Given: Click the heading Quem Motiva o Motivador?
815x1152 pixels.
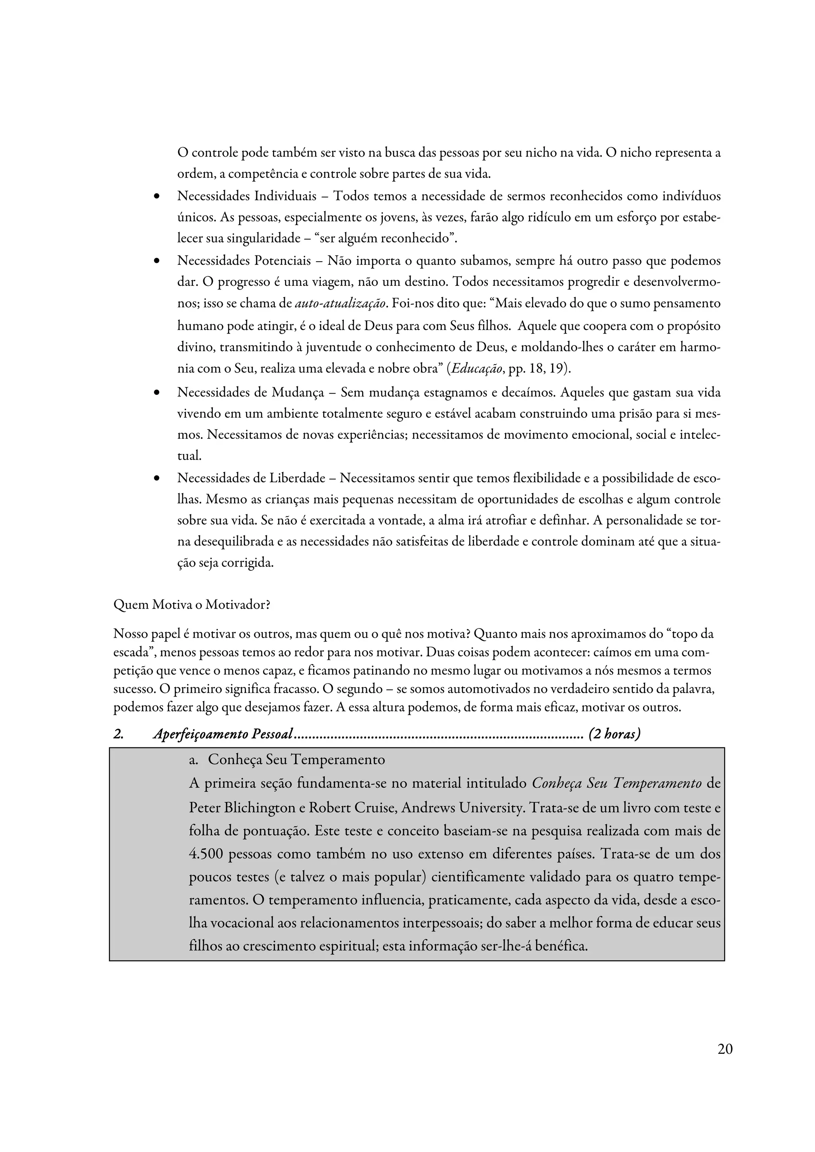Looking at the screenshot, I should (192, 605).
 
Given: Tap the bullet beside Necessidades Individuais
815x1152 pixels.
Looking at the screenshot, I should (157, 196).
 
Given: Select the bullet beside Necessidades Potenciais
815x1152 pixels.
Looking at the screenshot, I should (157, 262).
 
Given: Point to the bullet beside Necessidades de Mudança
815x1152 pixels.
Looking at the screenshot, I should (157, 393).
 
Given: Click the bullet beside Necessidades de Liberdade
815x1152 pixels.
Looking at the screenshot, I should (157, 479).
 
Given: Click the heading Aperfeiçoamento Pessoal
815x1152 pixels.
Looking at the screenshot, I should (223, 734).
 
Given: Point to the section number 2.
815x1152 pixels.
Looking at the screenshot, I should (119, 734).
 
